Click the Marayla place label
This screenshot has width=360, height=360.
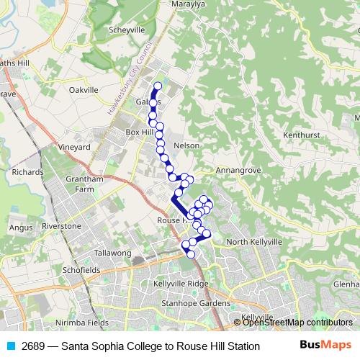pos(189,4)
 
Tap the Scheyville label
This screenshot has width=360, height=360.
pos(127,30)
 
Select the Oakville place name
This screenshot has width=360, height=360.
pos(83,90)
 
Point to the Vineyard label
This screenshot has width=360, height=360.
pos(74,147)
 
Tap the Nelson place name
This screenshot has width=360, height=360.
pos(186,145)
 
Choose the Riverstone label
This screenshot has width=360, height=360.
pos(61,226)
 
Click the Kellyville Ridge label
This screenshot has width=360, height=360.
pos(181,283)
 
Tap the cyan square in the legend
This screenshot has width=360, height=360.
pos(10,346)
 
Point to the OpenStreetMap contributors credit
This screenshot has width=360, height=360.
pos(297,323)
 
